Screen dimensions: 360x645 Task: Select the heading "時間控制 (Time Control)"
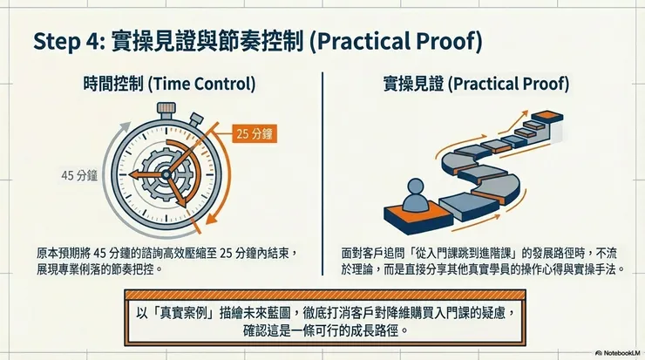170,85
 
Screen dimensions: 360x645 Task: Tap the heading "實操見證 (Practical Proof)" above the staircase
476,85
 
